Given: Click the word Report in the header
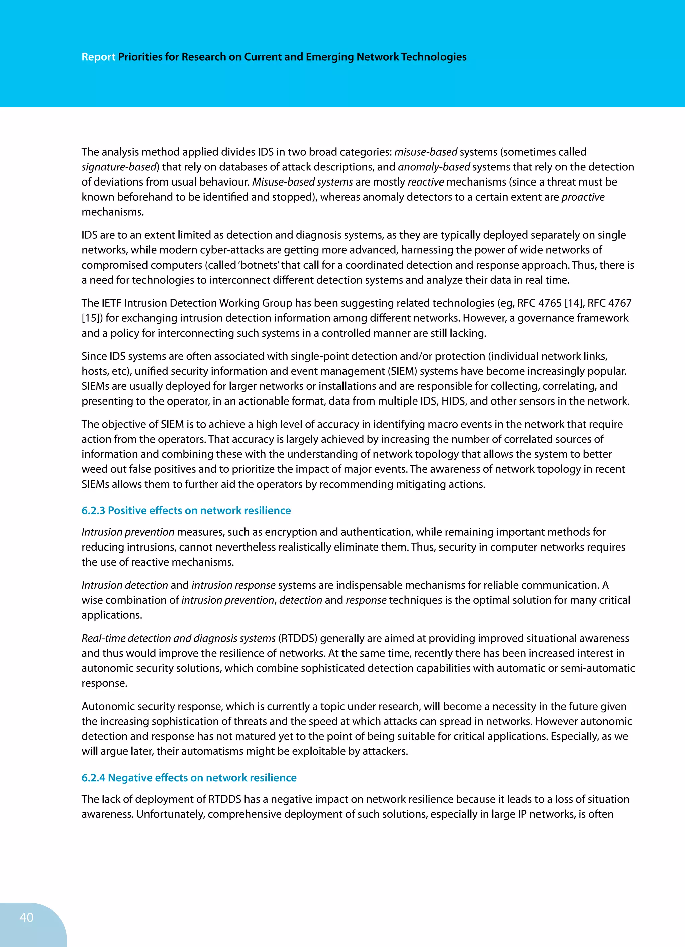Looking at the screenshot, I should point(98,57).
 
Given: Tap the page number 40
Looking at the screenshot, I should point(26,917).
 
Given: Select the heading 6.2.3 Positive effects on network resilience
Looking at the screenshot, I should point(186,510).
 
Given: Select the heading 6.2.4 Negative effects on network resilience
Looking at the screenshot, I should point(189,777).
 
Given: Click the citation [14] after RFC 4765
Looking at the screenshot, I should point(574,303).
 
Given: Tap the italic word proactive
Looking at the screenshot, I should point(583,197).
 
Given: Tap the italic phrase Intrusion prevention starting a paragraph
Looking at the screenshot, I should point(128,532).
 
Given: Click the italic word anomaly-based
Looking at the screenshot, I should point(434,167).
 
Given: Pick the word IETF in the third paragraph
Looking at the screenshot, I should point(111,303).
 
